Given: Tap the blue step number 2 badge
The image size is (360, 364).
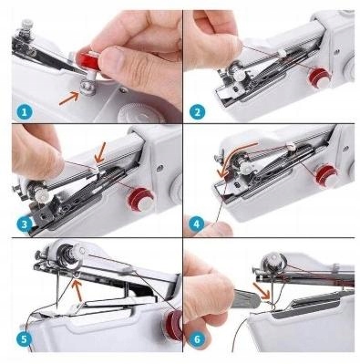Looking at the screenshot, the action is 197,112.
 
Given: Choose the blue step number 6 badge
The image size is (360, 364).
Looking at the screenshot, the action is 197,338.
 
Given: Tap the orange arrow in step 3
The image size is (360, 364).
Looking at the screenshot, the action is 99,152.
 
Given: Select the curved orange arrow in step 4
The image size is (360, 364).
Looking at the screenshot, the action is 235,157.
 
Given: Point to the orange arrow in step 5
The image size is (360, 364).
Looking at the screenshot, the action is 77,291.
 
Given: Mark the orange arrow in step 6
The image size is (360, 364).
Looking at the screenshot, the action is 262,290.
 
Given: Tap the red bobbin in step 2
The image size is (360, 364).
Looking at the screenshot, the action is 319,77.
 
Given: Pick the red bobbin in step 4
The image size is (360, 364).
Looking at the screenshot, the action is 327,176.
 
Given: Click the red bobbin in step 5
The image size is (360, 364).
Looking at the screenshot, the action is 173,326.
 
